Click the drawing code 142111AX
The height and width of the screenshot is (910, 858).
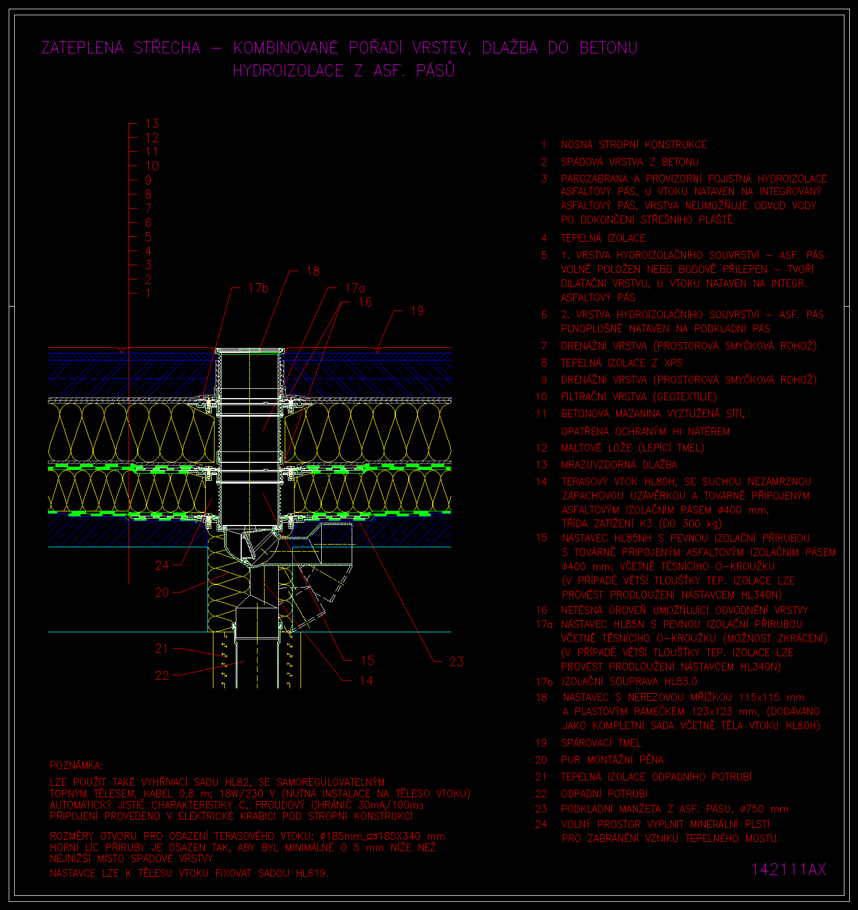click(x=788, y=870)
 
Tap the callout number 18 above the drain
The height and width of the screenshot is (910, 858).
click(x=313, y=271)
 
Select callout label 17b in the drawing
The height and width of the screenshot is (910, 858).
click(x=259, y=288)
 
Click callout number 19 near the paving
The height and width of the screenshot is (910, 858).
click(x=417, y=311)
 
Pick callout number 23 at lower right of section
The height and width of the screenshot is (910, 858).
click(x=456, y=662)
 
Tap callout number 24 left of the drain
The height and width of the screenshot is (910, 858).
click(x=162, y=565)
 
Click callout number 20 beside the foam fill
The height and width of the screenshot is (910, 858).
click(x=162, y=592)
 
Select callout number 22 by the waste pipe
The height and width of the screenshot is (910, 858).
click(x=162, y=675)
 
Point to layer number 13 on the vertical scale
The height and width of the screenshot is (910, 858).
click(x=152, y=124)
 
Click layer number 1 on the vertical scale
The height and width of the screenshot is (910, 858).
click(x=148, y=294)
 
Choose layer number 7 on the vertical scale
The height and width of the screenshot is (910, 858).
click(x=148, y=209)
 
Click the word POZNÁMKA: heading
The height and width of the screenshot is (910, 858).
click(x=76, y=766)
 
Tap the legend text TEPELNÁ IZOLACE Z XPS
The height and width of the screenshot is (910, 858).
click(x=622, y=363)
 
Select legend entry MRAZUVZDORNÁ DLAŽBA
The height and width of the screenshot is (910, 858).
click(x=619, y=465)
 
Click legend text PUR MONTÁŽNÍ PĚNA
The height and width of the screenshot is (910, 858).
click(x=612, y=760)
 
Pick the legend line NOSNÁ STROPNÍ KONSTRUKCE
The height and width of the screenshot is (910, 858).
click(x=634, y=145)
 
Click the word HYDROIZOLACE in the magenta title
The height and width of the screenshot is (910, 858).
click(x=288, y=71)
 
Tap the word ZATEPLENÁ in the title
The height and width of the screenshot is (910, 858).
click(x=83, y=48)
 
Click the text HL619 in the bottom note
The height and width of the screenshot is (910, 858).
click(x=311, y=874)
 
